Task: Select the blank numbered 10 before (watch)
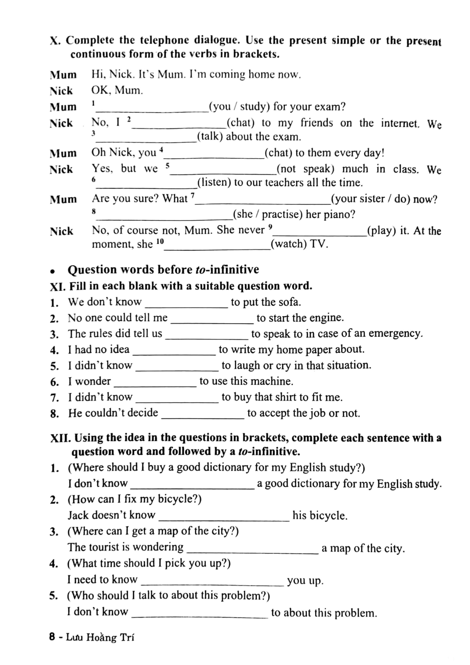217,245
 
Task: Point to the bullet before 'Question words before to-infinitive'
53,271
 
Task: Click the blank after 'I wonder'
155,383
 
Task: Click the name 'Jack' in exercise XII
78,515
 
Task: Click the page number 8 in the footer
52,637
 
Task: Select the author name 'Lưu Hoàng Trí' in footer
100,637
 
